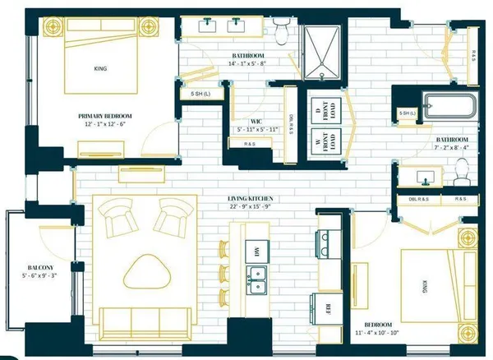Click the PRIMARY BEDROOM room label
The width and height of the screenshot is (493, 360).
106,116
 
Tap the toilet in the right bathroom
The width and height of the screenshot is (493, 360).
463,173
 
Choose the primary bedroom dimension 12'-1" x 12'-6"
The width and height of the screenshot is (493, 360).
106,125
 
